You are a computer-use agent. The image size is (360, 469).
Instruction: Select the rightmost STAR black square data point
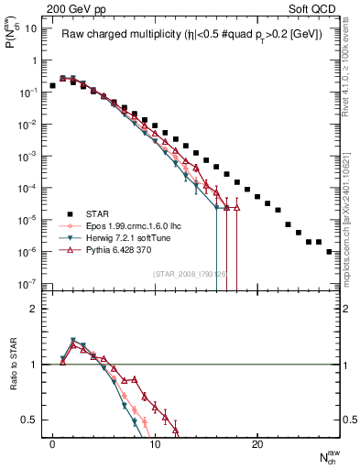point(329,251)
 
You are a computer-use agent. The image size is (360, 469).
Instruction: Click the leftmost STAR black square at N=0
point(53,85)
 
